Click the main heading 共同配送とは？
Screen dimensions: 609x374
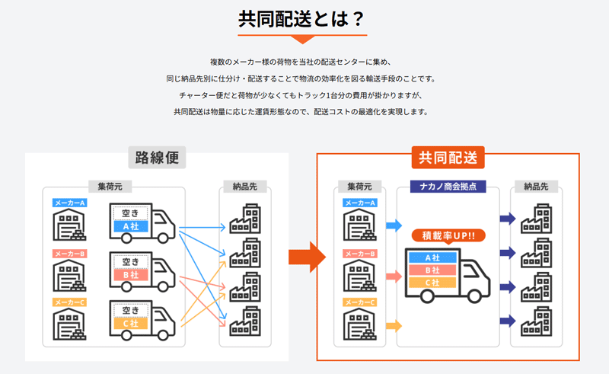coord(301,18)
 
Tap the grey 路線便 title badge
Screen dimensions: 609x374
coord(157,158)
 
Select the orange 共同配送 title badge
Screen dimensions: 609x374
coord(448,158)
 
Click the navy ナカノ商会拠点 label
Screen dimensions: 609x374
coord(448,187)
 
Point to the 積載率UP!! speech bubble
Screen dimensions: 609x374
coord(448,235)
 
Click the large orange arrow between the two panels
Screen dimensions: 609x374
coord(307,257)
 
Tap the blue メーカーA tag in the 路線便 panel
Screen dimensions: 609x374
coord(70,203)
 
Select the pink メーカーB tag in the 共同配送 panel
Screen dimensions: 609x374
coord(360,254)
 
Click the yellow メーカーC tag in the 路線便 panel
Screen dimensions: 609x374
coord(70,302)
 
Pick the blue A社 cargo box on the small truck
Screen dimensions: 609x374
coord(131,226)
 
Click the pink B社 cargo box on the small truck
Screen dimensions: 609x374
coord(131,275)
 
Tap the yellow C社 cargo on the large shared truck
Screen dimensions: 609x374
coord(432,283)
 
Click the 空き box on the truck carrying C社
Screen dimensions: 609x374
coord(130,310)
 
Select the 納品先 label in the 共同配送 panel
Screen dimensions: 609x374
coord(536,187)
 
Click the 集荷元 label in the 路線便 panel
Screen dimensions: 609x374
coord(110,187)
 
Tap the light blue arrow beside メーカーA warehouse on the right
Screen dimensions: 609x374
coord(394,225)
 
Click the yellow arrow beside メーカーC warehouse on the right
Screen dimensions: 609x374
coord(394,326)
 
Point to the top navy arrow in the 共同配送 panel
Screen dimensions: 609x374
coord(508,219)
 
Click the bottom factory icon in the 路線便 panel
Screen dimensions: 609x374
coord(245,321)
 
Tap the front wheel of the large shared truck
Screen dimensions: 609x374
coord(474,296)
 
